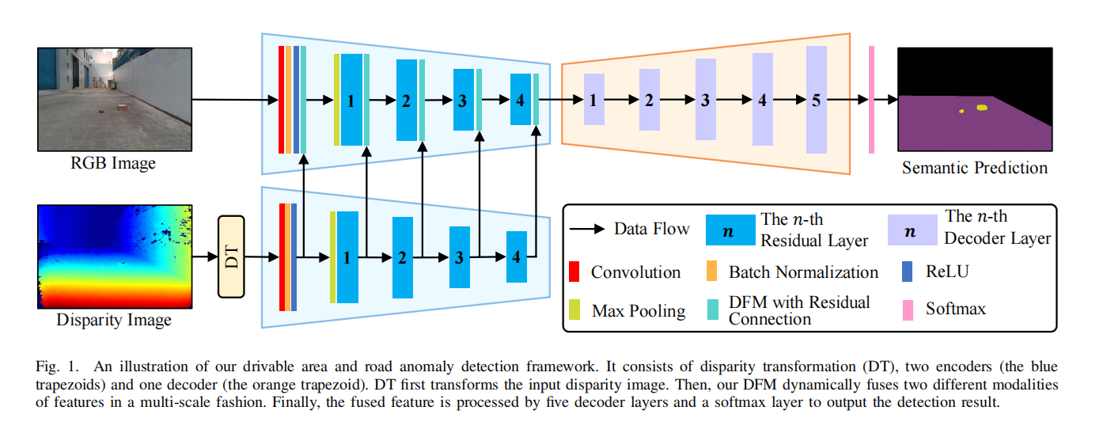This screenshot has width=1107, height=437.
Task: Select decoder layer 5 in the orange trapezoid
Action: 816,101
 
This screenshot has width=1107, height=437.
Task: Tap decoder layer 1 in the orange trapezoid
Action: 593,101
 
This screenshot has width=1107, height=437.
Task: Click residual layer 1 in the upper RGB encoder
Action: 351,101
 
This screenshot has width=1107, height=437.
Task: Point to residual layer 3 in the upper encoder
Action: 463,101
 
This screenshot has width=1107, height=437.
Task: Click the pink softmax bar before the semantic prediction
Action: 871,100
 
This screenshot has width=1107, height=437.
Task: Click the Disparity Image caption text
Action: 114,321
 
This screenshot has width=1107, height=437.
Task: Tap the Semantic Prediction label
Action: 974,168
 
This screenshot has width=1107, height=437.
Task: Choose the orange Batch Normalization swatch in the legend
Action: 712,272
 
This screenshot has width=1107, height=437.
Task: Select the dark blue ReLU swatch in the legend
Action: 908,272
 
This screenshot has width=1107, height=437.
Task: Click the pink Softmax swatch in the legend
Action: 908,308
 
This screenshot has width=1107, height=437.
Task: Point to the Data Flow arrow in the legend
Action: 590,230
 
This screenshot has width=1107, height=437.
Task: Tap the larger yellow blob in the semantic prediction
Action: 982,108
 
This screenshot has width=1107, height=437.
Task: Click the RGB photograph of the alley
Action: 114,100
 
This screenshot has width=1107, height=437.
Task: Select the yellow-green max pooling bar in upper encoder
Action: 336,100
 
